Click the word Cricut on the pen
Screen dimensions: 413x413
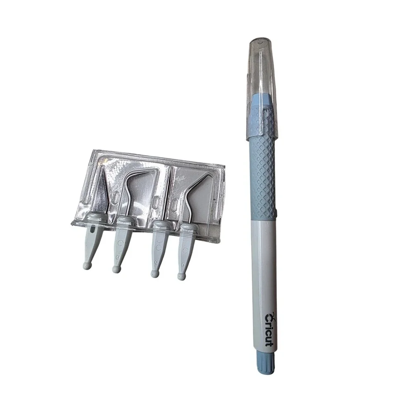tap(269, 329)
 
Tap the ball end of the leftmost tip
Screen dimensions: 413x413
tap(88, 264)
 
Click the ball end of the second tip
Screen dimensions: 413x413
tap(116, 269)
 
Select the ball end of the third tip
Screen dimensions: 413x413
tap(155, 274)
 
